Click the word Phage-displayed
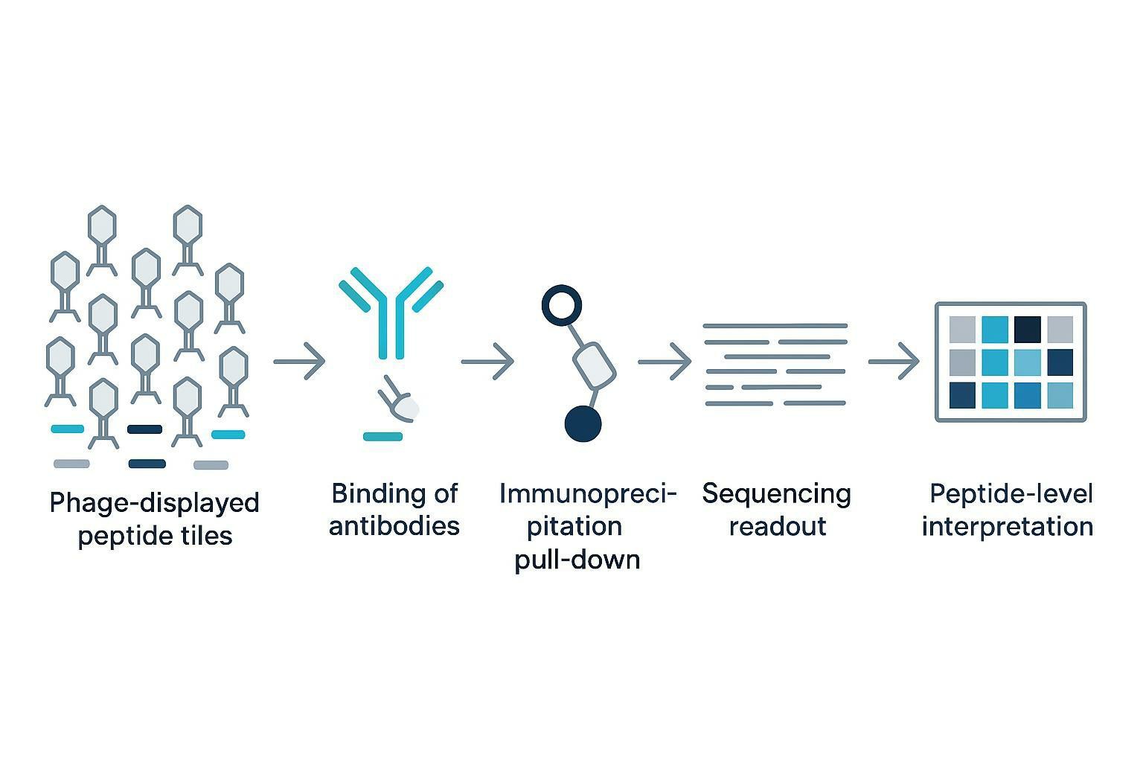[x=154, y=504]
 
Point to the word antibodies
[x=394, y=526]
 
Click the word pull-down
[x=577, y=559]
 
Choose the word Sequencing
[x=776, y=494]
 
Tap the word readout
[x=778, y=526]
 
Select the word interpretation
[x=1007, y=526]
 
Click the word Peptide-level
[x=1011, y=494]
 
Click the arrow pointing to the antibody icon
[x=300, y=361]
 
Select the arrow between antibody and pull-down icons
[x=488, y=362]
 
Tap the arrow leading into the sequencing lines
[x=665, y=362]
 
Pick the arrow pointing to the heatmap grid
[x=894, y=362]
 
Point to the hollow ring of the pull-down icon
[x=561, y=304]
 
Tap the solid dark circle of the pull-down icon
[x=583, y=424]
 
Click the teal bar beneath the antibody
[x=382, y=437]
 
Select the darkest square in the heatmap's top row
[x=1027, y=329]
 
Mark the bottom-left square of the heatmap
[x=962, y=395]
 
